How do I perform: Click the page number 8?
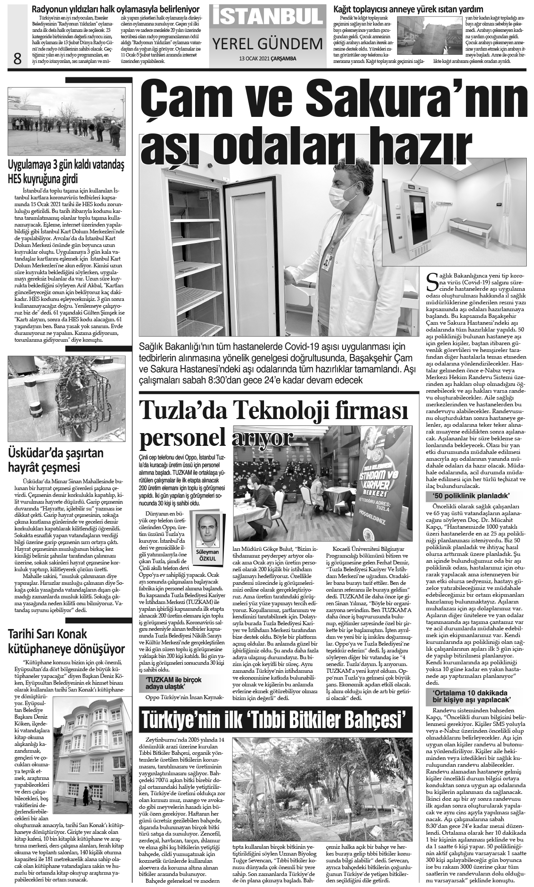(17, 59)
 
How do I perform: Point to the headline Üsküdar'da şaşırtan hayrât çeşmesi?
(56, 460)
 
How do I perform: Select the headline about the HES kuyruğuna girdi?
(67, 171)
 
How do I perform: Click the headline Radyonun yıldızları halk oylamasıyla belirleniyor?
(116, 9)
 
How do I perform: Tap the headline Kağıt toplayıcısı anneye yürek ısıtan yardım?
(409, 9)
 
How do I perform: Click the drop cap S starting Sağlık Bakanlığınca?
(432, 281)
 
